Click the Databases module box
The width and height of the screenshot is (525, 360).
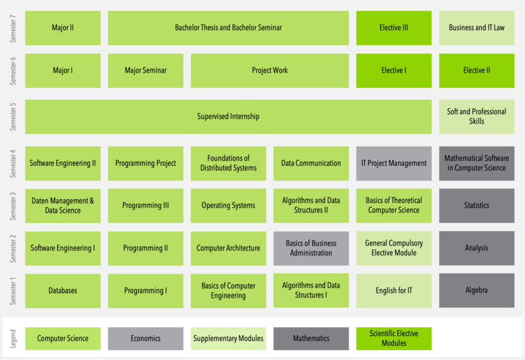(63, 291)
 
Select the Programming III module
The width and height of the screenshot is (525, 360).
(145, 205)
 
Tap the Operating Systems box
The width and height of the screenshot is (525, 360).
(228, 205)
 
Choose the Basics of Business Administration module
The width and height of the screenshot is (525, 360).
(311, 248)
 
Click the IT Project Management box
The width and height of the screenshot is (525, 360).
(394, 163)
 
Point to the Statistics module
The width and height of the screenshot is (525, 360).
(476, 205)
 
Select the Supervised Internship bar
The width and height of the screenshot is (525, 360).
(228, 116)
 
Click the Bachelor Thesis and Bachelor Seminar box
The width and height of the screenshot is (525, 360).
(228, 28)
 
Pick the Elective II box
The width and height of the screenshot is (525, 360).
(476, 71)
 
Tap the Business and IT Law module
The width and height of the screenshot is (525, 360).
(476, 28)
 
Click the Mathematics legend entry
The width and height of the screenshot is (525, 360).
(311, 338)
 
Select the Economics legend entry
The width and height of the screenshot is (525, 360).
(145, 338)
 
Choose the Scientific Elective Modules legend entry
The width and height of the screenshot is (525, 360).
(394, 338)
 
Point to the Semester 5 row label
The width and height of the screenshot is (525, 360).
(13, 116)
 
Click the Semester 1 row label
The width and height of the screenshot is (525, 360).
(13, 291)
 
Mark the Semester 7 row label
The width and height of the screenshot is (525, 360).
(13, 28)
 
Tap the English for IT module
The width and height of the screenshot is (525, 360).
(394, 291)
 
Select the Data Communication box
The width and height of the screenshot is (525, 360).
(311, 163)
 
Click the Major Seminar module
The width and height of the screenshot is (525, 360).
(145, 71)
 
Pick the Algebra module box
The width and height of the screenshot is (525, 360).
(476, 291)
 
